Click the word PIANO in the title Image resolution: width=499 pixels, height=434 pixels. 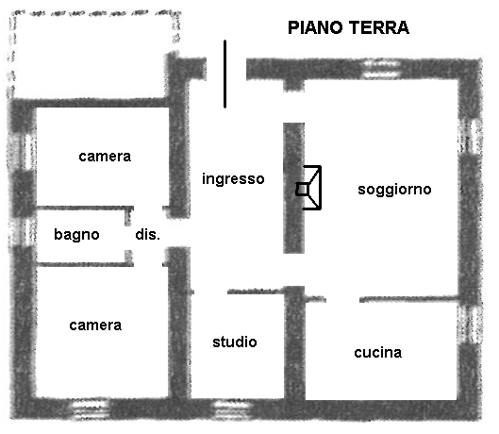tap(315, 27)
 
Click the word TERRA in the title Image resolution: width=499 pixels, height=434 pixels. tap(378, 27)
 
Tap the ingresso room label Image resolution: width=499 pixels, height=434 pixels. tap(233, 179)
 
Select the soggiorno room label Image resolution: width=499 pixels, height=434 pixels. tap(394, 190)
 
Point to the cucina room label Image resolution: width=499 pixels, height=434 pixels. tap(378, 353)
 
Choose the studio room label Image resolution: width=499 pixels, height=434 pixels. tap(235, 342)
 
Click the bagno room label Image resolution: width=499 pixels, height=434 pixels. tap(76, 235)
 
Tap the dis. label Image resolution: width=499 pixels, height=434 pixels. tap(148, 235)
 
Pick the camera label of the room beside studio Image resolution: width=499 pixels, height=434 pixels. tap(95, 325)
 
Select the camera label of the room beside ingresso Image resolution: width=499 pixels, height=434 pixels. tap(105, 157)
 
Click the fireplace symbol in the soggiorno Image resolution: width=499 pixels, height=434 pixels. tap(308, 188)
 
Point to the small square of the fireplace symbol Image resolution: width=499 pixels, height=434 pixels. tap(302, 190)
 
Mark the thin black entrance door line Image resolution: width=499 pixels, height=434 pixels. tap(225, 75)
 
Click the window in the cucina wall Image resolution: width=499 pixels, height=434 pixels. tap(471, 324)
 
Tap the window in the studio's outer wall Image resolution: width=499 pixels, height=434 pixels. tap(233, 409)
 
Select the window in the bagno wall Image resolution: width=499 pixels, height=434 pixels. tap(24, 232)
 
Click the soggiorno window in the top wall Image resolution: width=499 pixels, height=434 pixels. tap(382, 69)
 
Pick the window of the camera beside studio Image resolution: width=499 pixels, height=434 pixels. tap(90, 409)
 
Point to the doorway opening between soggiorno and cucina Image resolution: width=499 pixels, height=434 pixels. tap(342, 299)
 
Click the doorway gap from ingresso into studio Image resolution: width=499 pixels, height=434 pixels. tap(210, 292)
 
